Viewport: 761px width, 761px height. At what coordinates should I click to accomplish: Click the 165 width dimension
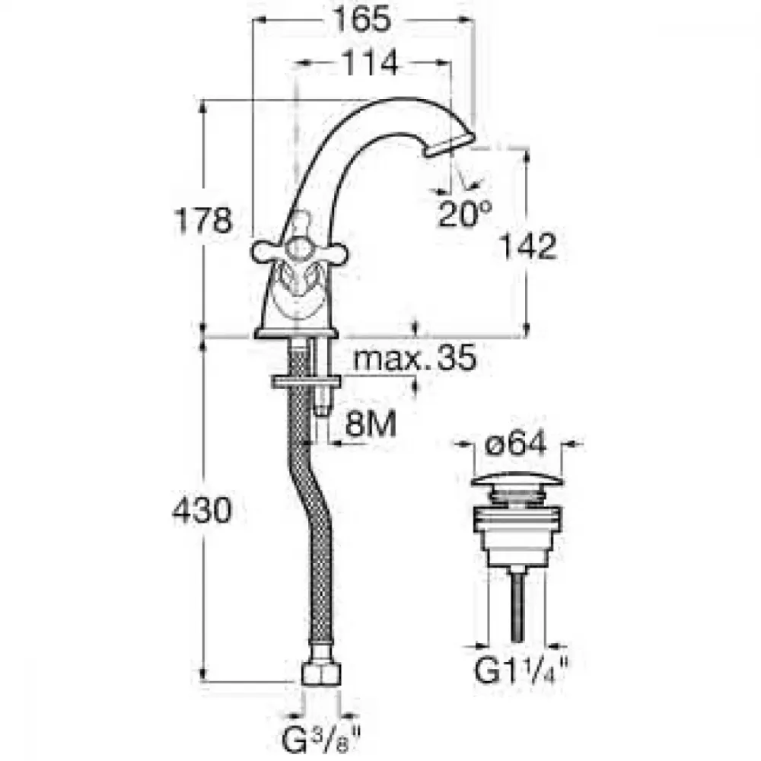[362, 21]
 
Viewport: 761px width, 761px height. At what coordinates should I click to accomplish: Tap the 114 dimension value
[371, 63]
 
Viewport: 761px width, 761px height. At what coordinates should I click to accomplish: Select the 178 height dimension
[203, 221]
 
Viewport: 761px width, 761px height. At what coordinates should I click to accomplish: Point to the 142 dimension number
[527, 246]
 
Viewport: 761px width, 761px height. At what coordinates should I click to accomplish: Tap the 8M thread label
[371, 424]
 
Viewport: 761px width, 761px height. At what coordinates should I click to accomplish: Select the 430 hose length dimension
[202, 510]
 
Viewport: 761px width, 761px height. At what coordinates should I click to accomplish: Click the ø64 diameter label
[515, 443]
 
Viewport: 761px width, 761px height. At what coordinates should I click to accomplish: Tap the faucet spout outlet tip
[449, 145]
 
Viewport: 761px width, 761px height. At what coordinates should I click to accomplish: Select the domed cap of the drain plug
[517, 482]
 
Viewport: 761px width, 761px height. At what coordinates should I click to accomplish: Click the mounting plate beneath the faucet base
[306, 381]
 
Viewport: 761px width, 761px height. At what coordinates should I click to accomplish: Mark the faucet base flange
[296, 333]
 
